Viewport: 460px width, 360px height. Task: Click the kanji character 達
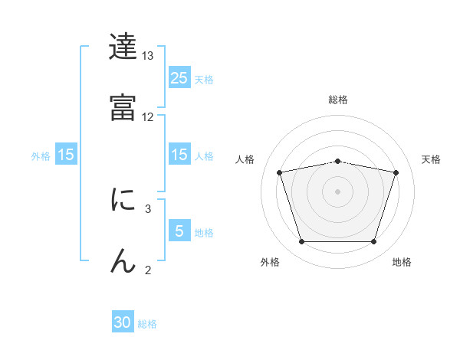pyautogui.click(x=123, y=47)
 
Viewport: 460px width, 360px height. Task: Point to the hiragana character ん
pyautogui.click(x=123, y=260)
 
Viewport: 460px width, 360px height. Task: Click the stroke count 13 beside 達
pyautogui.click(x=148, y=56)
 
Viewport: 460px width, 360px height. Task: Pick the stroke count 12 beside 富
pyautogui.click(x=148, y=117)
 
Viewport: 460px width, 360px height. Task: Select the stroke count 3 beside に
pyautogui.click(x=148, y=208)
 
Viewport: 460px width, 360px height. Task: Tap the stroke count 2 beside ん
pyautogui.click(x=148, y=269)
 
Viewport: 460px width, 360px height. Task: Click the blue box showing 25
pyautogui.click(x=179, y=77)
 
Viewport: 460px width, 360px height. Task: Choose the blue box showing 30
pyautogui.click(x=123, y=322)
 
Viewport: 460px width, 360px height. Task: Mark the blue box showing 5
pyautogui.click(x=179, y=231)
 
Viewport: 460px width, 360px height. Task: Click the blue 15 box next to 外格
pyautogui.click(x=66, y=155)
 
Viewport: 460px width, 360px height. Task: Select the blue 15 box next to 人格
pyautogui.click(x=179, y=155)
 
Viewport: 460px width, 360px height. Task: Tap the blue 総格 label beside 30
pyautogui.click(x=147, y=324)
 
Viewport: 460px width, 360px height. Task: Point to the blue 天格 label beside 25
pyautogui.click(x=204, y=79)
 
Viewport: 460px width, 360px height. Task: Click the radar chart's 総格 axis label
pyautogui.click(x=338, y=100)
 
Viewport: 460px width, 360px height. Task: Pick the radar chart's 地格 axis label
pyautogui.click(x=402, y=263)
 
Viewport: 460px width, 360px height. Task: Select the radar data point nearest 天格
pyautogui.click(x=396, y=173)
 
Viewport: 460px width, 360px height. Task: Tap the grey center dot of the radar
pyautogui.click(x=338, y=191)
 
